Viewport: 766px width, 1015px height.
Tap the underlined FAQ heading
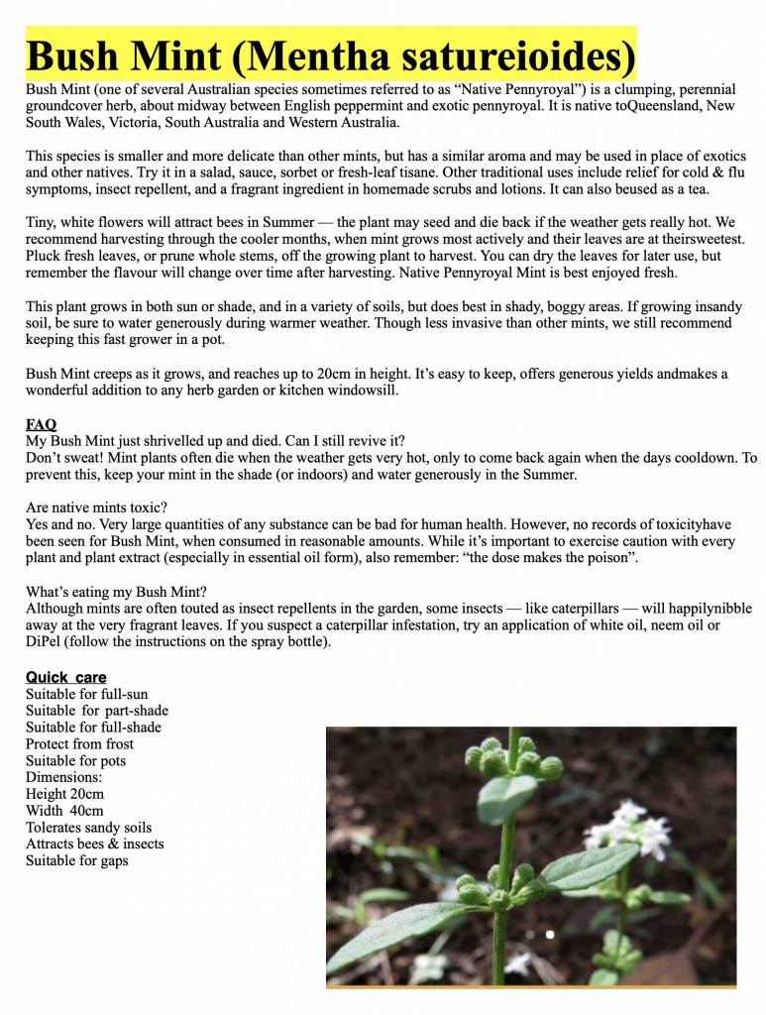coord(41,424)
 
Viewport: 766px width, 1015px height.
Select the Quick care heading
coord(65,678)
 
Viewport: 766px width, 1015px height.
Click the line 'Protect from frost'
coord(79,744)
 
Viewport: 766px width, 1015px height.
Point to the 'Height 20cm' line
coord(64,794)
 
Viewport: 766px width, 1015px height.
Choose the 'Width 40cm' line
coord(64,811)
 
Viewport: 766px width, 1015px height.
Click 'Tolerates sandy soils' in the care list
coord(89,828)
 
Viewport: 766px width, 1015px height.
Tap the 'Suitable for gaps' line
coord(76,860)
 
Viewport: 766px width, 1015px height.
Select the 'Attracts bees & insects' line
coord(95,844)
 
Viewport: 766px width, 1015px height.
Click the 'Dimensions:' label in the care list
coord(63,778)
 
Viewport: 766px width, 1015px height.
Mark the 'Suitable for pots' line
coord(75,761)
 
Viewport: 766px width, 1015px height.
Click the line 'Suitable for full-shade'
coord(93,728)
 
